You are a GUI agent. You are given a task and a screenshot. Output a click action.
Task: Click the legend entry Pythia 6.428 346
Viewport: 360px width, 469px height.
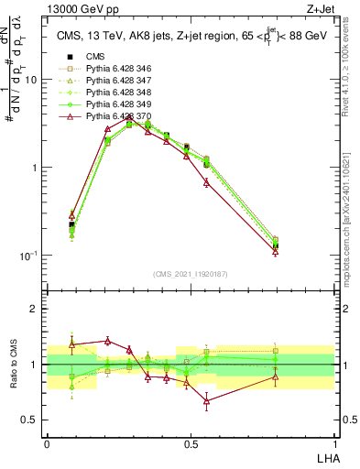coord(115,69)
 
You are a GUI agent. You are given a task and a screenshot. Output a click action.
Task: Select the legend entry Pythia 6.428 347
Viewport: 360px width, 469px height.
coord(115,81)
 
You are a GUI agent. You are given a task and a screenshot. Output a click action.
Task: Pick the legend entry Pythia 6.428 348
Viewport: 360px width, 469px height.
coord(115,93)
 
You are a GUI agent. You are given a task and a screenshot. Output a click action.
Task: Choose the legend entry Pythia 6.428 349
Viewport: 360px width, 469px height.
coord(115,104)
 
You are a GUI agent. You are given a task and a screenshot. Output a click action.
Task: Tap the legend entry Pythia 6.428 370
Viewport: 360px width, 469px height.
coord(115,116)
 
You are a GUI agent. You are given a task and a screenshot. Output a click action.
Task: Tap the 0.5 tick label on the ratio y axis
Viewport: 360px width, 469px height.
coord(31,420)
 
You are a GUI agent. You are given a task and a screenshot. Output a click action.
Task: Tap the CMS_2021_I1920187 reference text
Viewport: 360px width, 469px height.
coord(190,274)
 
